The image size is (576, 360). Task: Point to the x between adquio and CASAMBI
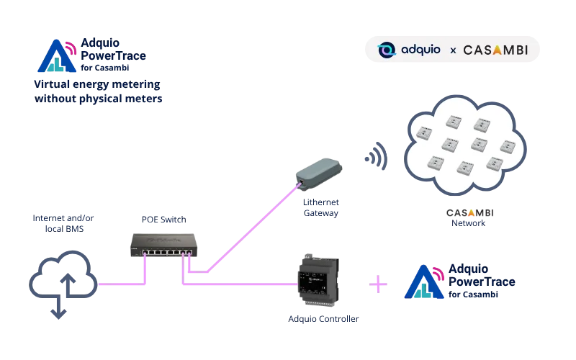coord(453,50)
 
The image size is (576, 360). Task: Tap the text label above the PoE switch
coord(164,218)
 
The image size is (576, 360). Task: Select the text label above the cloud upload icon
coord(63,222)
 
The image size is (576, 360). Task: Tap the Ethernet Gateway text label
coord(320,208)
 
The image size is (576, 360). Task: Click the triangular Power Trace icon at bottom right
coord(426,282)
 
